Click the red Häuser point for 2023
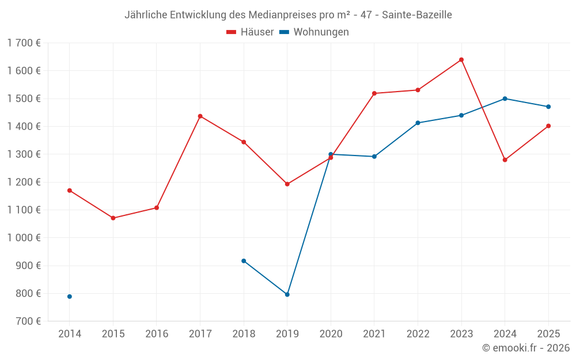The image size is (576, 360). (461, 60)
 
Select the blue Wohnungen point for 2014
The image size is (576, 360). (70, 297)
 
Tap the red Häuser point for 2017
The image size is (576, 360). (200, 116)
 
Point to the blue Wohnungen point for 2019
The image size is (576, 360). (287, 294)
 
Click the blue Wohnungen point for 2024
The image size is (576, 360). (505, 98)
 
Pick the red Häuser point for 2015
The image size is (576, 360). (113, 218)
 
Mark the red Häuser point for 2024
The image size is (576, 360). (505, 160)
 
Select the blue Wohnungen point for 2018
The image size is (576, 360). (244, 261)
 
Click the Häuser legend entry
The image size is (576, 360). (250, 32)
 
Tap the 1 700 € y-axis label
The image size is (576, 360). (24, 43)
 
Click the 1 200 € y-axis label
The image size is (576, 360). (24, 182)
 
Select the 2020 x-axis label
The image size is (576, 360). (331, 334)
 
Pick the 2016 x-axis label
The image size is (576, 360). (157, 334)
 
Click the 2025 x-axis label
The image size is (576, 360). (548, 334)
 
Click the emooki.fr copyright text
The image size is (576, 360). (526, 348)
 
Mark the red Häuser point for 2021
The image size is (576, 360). (374, 93)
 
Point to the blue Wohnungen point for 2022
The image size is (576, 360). (418, 123)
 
